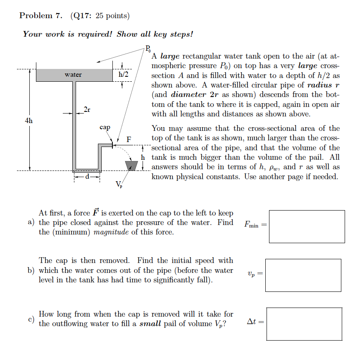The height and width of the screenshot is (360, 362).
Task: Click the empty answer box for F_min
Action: pos(307,226)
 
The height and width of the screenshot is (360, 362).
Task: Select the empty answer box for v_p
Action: pos(303,275)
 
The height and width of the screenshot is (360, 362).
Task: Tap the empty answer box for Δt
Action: pos(304,324)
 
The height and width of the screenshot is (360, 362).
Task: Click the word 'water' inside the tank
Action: pos(73,75)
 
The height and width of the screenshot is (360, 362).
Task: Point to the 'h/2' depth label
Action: pos(123,75)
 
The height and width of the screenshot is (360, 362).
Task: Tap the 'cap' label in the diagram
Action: pos(105,128)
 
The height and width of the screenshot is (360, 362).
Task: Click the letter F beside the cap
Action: pos(129,140)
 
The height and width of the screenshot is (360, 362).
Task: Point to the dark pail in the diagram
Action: pos(131,165)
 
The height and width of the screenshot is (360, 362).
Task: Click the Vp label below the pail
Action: pos(119,184)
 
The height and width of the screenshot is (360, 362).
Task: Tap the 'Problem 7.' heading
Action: pos(40,16)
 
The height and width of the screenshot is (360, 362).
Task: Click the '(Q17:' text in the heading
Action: pos(81,16)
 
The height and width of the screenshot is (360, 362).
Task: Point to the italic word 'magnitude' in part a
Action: pos(112,232)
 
